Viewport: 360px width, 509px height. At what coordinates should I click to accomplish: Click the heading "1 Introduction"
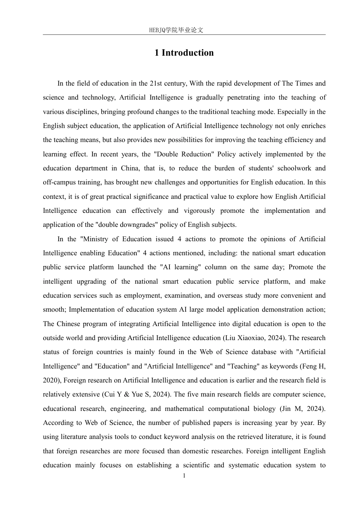[184, 53]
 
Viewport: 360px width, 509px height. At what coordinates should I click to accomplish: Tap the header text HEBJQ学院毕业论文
[176, 30]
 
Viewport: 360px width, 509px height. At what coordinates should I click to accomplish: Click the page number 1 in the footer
[184, 476]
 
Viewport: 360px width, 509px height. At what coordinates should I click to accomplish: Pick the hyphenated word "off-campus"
[59, 182]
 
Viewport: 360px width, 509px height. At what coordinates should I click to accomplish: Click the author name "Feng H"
[314, 366]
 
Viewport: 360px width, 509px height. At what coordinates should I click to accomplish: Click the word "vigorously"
[199, 211]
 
